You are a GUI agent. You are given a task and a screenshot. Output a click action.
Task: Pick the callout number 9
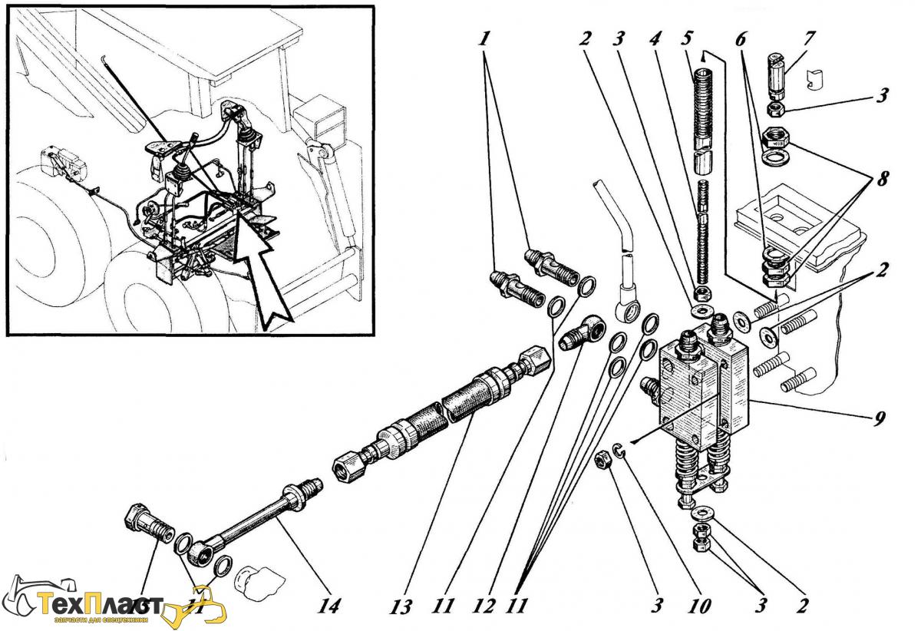[880, 418]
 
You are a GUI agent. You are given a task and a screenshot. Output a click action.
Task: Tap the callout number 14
[330, 606]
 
